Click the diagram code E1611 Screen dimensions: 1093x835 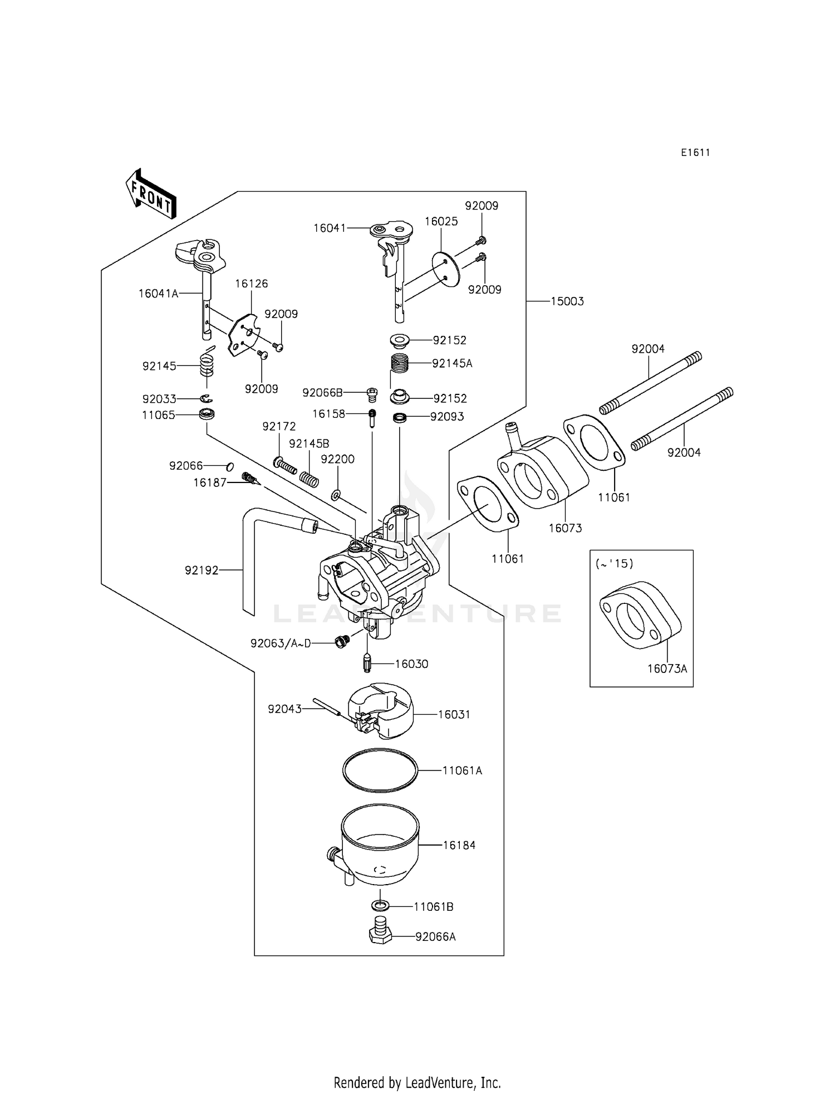click(x=695, y=153)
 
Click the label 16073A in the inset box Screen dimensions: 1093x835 click(x=667, y=669)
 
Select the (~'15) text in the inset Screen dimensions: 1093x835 click(x=615, y=564)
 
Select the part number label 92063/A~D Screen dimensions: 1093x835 click(x=280, y=643)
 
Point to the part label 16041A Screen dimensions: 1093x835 click(x=158, y=294)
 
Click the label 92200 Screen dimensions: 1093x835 click(x=337, y=459)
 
